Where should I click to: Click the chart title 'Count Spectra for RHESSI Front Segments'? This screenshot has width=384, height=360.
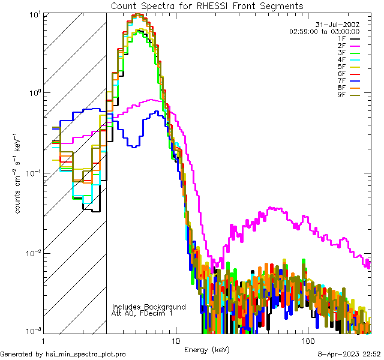point(207,5)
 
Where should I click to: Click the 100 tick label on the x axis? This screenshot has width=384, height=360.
point(308,341)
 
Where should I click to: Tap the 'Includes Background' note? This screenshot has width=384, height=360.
point(149,307)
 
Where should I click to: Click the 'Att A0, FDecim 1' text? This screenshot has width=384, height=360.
point(142,313)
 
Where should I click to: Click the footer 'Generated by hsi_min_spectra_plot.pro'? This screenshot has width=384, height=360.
point(63,354)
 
